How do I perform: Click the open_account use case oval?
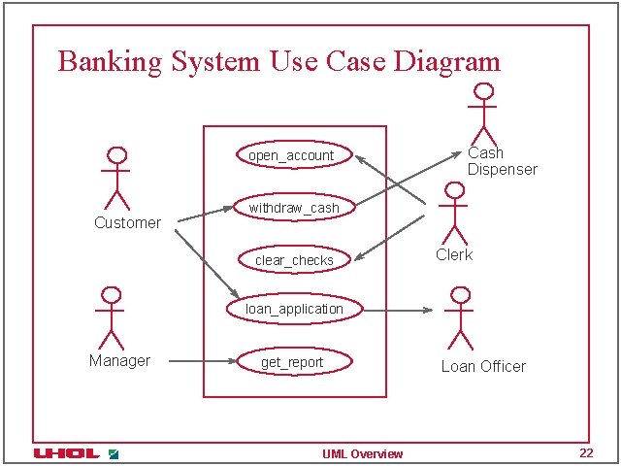[291, 155]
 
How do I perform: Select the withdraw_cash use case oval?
[293, 208]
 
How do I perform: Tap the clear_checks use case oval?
[294, 259]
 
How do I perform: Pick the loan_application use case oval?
[294, 309]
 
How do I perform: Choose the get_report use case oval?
[292, 362]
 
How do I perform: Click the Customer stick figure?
[116, 179]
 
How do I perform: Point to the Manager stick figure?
[110, 317]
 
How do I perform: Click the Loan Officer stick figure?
[459, 317]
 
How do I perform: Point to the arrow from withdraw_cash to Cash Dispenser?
[408, 179]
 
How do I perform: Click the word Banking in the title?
[110, 61]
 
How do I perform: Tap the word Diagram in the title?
[447, 62]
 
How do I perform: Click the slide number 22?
[585, 452]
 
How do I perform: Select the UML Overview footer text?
[363, 453]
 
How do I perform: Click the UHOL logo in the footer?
[66, 453]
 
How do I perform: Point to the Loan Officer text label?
[483, 366]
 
